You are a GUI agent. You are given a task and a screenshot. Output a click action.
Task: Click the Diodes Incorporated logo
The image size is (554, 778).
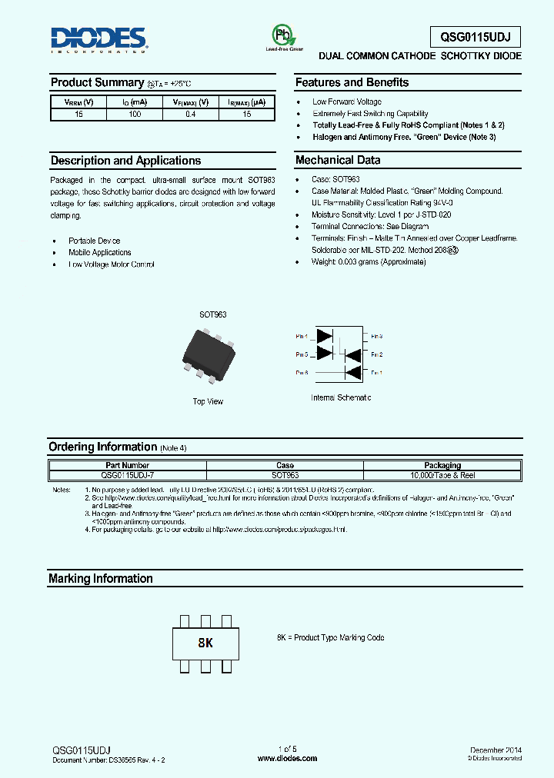[98, 39]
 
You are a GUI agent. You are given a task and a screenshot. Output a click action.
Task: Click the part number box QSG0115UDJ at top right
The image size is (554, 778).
[475, 37]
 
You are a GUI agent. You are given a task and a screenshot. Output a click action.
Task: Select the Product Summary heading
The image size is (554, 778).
[97, 82]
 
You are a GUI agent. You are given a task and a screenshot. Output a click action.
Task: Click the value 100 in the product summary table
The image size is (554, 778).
[135, 114]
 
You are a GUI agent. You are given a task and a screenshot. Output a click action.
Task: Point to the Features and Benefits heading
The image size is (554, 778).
[352, 82]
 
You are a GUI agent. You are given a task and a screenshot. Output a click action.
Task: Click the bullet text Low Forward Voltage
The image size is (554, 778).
[346, 101]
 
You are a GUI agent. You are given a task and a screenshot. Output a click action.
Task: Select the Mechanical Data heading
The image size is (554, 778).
[337, 161]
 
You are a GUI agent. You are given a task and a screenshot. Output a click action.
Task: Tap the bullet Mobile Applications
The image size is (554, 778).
[99, 252]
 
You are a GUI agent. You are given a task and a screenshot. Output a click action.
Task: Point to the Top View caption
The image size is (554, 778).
[208, 401]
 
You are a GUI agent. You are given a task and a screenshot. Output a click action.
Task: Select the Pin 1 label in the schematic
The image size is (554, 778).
[376, 372]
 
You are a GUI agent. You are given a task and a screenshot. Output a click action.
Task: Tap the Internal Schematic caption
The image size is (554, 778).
[341, 397]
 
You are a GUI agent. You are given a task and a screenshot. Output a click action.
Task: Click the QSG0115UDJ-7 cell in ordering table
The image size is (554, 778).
[126, 475]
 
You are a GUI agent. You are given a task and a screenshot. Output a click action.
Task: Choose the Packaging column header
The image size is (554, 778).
[442, 465]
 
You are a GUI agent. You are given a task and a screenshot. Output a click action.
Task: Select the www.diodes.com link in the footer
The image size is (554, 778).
[287, 758]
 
